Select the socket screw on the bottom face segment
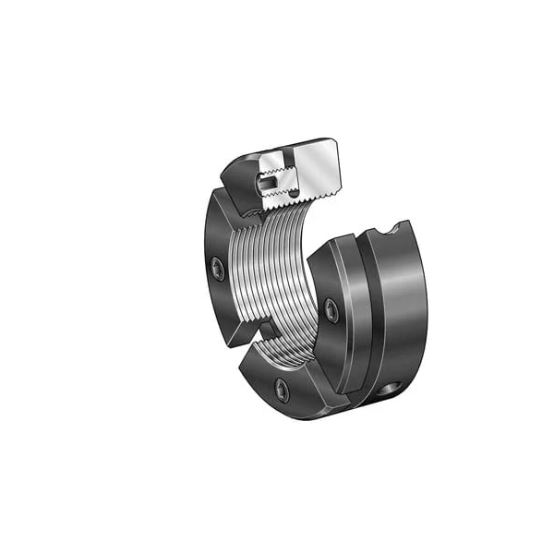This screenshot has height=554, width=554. (x=282, y=391)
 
